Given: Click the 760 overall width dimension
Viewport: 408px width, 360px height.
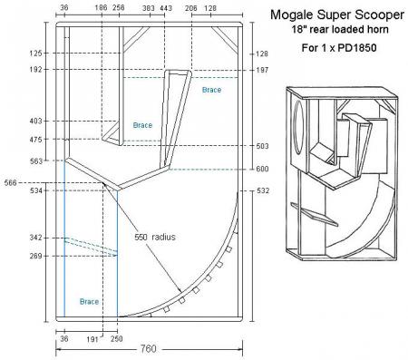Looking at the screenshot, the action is (x=149, y=349).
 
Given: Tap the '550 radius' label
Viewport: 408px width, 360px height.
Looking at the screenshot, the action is (x=155, y=237).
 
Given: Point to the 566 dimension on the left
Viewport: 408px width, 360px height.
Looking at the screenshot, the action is (x=11, y=182).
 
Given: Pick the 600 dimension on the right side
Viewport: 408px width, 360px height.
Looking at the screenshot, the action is (x=262, y=169).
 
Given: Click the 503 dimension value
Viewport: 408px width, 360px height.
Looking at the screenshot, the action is (x=262, y=146).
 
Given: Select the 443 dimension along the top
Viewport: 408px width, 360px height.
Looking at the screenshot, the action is (x=166, y=8).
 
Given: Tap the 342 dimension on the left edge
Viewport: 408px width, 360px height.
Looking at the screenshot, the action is (x=36, y=238).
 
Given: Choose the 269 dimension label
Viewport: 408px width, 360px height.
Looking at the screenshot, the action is (x=36, y=256).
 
